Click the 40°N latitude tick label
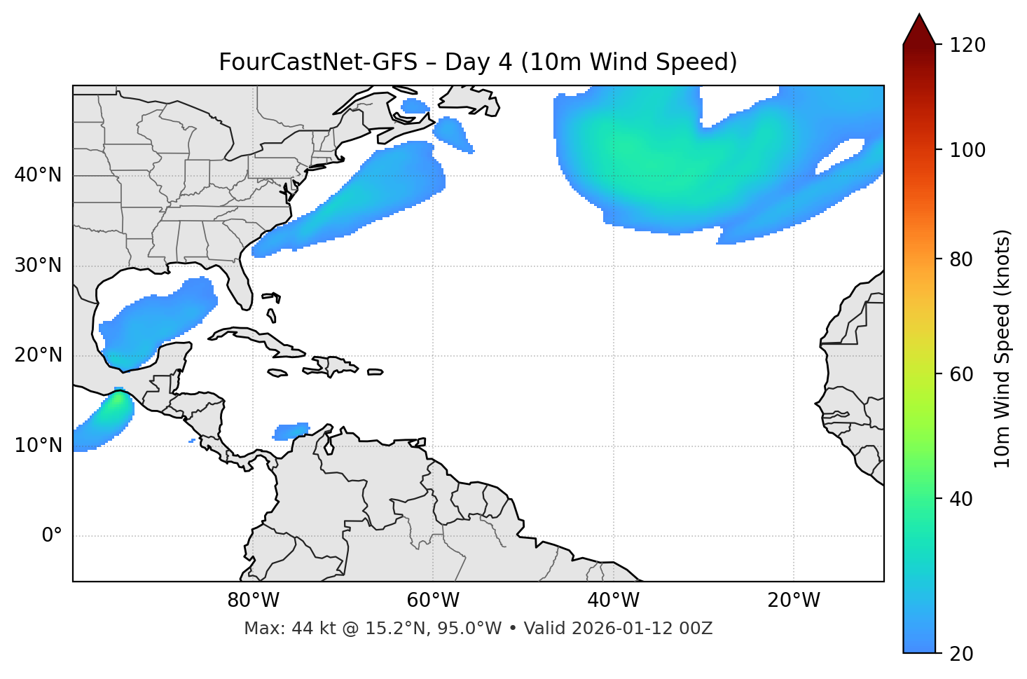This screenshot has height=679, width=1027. (x=38, y=175)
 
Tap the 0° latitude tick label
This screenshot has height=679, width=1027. (x=52, y=536)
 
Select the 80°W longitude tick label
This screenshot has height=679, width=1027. (x=253, y=601)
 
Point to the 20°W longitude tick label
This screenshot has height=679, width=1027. (x=794, y=601)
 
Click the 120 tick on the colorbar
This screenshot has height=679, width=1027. (x=968, y=46)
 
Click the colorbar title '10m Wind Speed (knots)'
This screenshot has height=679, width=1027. (x=1002, y=348)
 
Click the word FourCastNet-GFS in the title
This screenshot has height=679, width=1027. (x=318, y=62)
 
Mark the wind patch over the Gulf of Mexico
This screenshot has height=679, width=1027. (x=158, y=319)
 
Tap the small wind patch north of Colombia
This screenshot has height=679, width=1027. (x=291, y=430)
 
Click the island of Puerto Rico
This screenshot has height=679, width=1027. (x=375, y=372)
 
